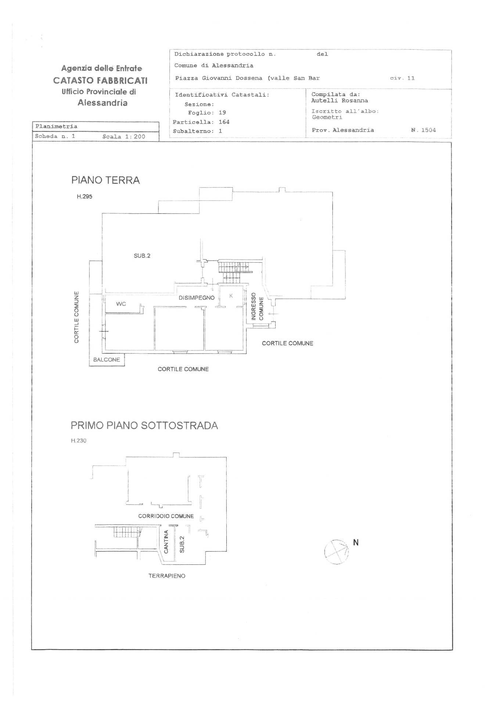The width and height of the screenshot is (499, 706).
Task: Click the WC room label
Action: [x=121, y=304]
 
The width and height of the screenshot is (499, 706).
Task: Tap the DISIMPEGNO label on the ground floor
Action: [x=197, y=298]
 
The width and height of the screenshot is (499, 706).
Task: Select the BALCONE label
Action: [x=107, y=360]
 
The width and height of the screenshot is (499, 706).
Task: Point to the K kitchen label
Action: [x=231, y=296]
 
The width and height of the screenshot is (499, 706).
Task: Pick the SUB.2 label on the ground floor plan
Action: [x=142, y=256]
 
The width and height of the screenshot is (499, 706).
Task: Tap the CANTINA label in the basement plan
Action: [x=166, y=542]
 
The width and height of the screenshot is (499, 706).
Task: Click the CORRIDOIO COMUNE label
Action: [x=166, y=516]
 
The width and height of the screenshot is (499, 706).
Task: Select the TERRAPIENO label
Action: [x=167, y=576]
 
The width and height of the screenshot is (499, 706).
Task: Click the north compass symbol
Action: [x=336, y=552]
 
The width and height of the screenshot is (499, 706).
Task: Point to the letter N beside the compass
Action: [x=355, y=542]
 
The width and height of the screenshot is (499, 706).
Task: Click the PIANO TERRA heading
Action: [x=105, y=180]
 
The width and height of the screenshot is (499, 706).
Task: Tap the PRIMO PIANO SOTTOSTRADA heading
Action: [x=144, y=425]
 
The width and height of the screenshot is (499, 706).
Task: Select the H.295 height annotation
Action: [x=85, y=197]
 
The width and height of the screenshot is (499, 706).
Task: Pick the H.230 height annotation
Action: [x=79, y=441]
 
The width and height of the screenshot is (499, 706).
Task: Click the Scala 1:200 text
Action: [x=124, y=136]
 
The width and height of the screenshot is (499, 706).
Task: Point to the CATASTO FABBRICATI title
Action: [x=100, y=80]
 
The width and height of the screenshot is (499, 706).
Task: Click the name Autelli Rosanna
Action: [x=340, y=100]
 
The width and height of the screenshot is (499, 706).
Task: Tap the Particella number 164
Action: [x=224, y=122]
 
